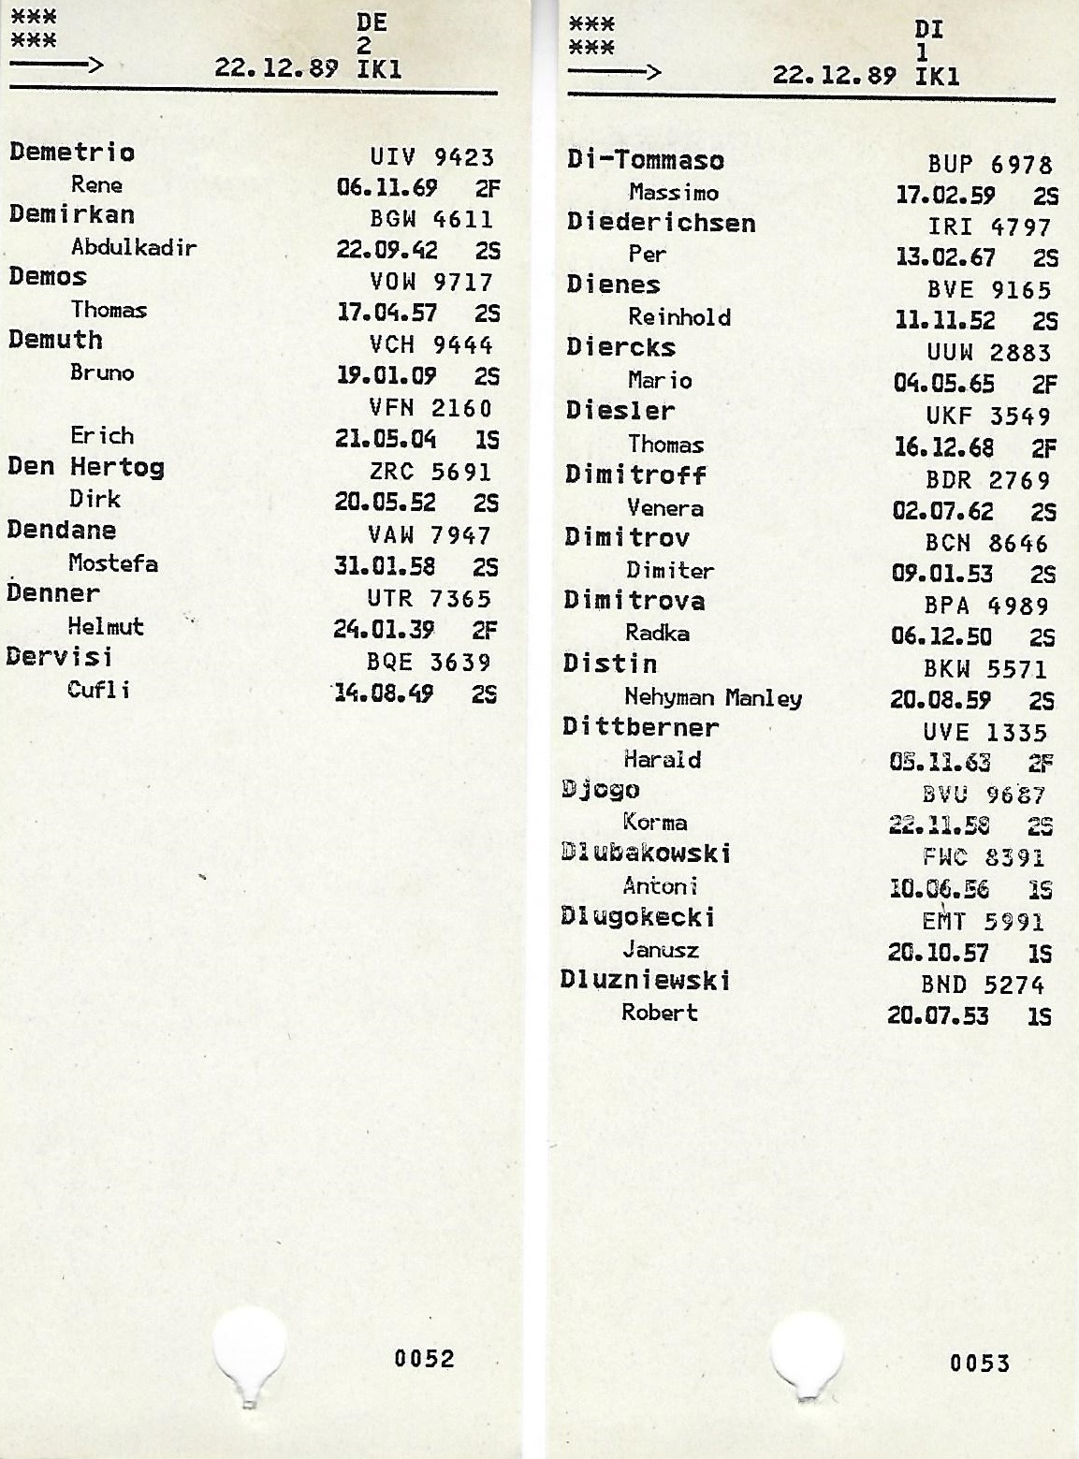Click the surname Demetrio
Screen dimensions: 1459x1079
pyautogui.click(x=72, y=153)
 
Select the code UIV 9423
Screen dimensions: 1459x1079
pyautogui.click(x=431, y=157)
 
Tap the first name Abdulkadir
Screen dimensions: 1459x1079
pyautogui.click(x=134, y=248)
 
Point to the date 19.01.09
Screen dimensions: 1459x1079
pyautogui.click(x=386, y=376)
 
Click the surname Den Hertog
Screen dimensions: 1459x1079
pyautogui.click(x=85, y=467)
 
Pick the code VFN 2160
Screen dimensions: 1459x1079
pyautogui.click(x=430, y=408)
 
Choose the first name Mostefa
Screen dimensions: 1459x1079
pyautogui.click(x=112, y=563)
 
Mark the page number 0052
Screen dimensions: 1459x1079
pyautogui.click(x=424, y=1359)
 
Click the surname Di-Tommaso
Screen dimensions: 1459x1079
pyautogui.click(x=645, y=160)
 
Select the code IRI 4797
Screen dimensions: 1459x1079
pyautogui.click(x=989, y=227)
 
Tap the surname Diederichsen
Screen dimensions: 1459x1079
pyautogui.click(x=661, y=223)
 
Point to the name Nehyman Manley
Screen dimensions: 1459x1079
pyautogui.click(x=712, y=697)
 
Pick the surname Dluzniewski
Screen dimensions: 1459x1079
pyautogui.click(x=645, y=981)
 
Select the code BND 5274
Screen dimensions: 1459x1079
pyautogui.click(x=982, y=985)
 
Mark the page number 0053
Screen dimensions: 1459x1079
pyautogui.click(x=980, y=1364)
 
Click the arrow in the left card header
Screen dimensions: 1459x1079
pyautogui.click(x=56, y=65)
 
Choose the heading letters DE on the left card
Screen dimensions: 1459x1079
pyautogui.click(x=372, y=22)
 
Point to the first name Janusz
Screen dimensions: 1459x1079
pyautogui.click(x=661, y=950)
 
